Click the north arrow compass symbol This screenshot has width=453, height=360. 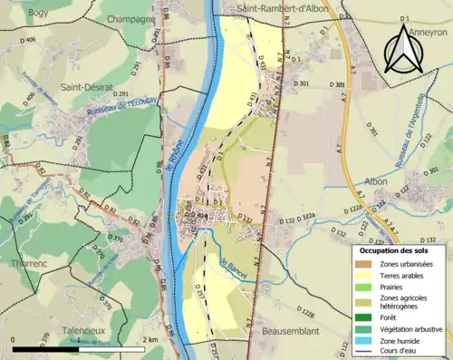(x=404, y=49)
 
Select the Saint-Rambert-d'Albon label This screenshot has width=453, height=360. (x=281, y=8)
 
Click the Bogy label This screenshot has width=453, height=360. (x=38, y=13)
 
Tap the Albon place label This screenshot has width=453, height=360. (x=376, y=181)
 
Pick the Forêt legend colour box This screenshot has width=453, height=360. (x=369, y=317)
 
